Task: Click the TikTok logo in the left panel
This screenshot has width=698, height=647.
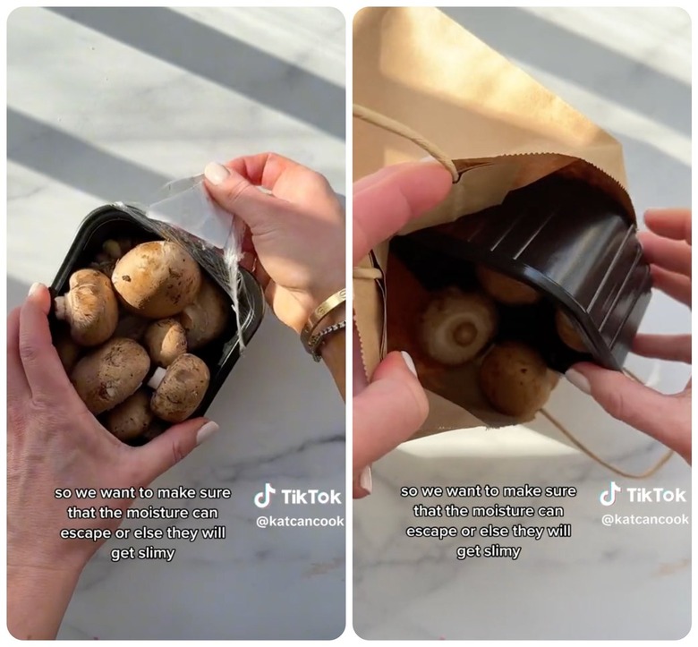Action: pyautogui.click(x=297, y=497)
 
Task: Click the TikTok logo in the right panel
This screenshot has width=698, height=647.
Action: pyautogui.click(x=643, y=494)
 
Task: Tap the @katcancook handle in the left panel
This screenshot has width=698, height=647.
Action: pyautogui.click(x=300, y=521)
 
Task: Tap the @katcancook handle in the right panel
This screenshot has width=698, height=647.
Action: pyautogui.click(x=645, y=519)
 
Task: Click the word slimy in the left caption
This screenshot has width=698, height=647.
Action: pyautogui.click(x=156, y=553)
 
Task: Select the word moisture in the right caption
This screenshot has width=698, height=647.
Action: pyautogui.click(x=503, y=511)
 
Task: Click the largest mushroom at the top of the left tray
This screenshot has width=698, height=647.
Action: pyautogui.click(x=156, y=278)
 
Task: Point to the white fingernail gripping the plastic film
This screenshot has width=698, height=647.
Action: pyautogui.click(x=217, y=174)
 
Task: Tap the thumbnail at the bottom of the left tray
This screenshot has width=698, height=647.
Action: pyautogui.click(x=208, y=432)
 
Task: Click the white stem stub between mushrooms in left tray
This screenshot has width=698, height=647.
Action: pyautogui.click(x=157, y=379)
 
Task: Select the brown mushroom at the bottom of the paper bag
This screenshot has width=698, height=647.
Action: pyautogui.click(x=515, y=378)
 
